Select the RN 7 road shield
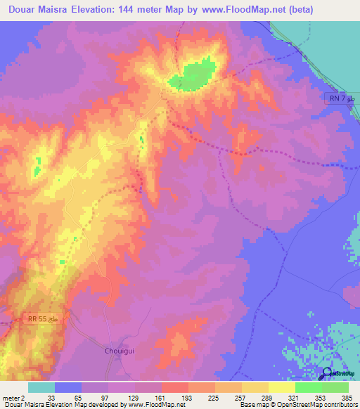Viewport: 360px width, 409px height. pyautogui.click(x=342, y=98)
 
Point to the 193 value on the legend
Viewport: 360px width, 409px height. pyautogui.click(x=188, y=397)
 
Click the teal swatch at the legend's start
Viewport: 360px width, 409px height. pyautogui.click(x=41, y=387)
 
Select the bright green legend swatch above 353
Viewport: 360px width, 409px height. pyautogui.click(x=309, y=387)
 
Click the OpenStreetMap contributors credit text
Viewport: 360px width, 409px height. pyautogui.click(x=321, y=405)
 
